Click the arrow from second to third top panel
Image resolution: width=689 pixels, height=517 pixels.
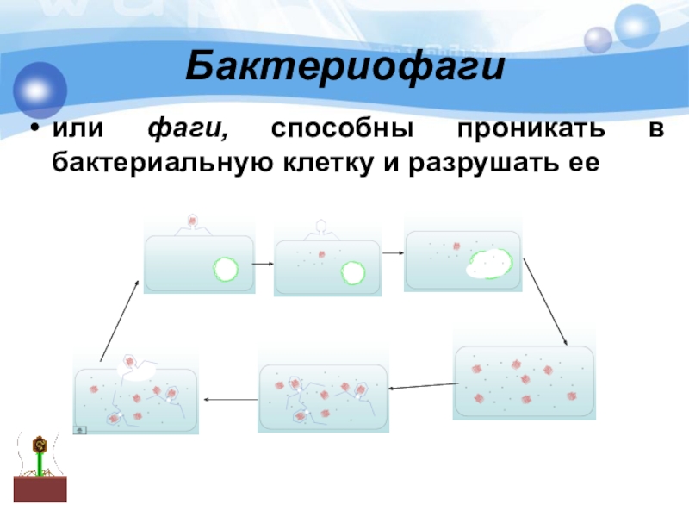pos(392,252)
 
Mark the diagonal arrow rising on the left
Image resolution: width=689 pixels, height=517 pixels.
pos(119,319)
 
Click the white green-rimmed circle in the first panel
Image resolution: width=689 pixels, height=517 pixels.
pos(226,269)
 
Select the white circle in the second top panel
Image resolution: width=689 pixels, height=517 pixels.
pos(353,273)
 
